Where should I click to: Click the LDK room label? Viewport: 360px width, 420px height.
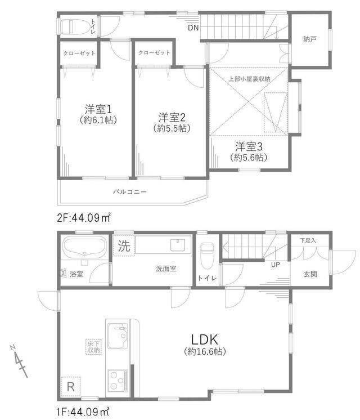click(205, 339)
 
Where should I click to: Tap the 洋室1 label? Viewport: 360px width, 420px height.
click(98, 109)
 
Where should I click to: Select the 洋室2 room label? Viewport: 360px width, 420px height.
click(172, 118)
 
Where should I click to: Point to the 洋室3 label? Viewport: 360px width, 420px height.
click(249, 146)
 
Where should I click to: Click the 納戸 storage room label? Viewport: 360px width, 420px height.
click(310, 39)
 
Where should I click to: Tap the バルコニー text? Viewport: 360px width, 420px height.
click(129, 192)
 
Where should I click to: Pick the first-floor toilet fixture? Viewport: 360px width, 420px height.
click(207, 256)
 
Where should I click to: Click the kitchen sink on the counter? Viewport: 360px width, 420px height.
click(118, 336)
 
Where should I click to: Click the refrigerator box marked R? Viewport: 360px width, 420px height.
click(70, 387)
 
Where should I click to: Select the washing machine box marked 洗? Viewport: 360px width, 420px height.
click(124, 245)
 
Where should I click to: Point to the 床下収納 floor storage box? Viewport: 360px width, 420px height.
click(94, 347)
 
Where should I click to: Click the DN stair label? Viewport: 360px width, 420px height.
click(193, 28)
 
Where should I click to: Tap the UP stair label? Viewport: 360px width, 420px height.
click(276, 265)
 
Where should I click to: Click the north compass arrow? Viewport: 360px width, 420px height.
click(19, 360)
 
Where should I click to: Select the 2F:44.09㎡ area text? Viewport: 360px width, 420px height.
click(83, 217)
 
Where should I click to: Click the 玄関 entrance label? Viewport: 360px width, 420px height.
click(310, 274)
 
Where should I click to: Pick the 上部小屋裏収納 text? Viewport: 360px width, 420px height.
click(249, 79)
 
